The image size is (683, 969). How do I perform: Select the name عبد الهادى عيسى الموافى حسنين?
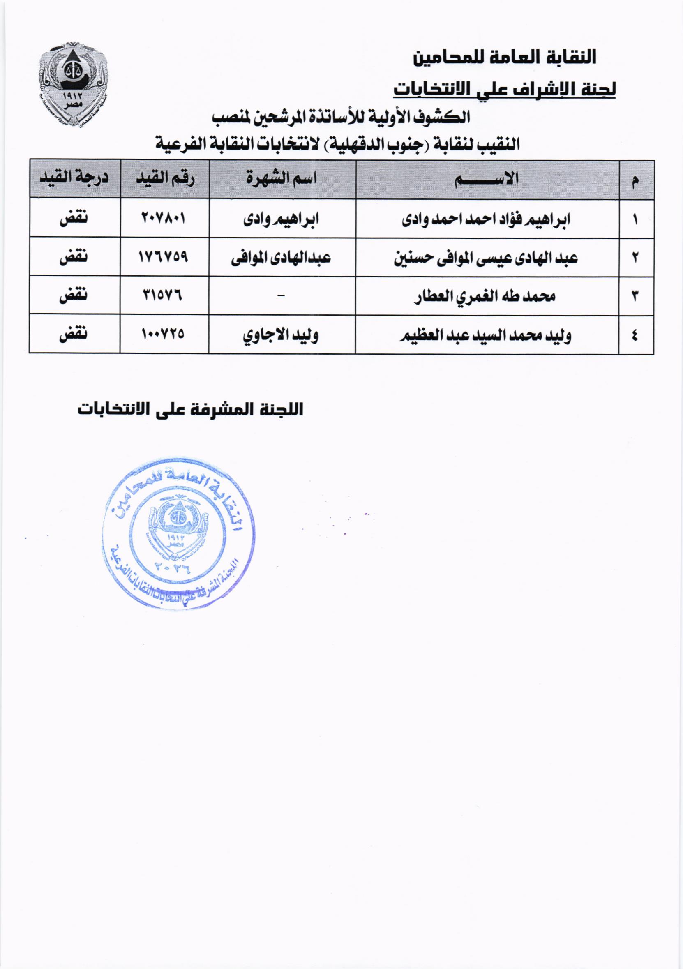(x=486, y=257)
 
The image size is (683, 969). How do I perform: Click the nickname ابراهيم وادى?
(x=281, y=219)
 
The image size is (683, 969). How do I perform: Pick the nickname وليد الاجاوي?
(x=281, y=335)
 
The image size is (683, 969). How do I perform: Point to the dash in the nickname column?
(x=281, y=296)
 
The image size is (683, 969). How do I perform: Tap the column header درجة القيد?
(x=74, y=178)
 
